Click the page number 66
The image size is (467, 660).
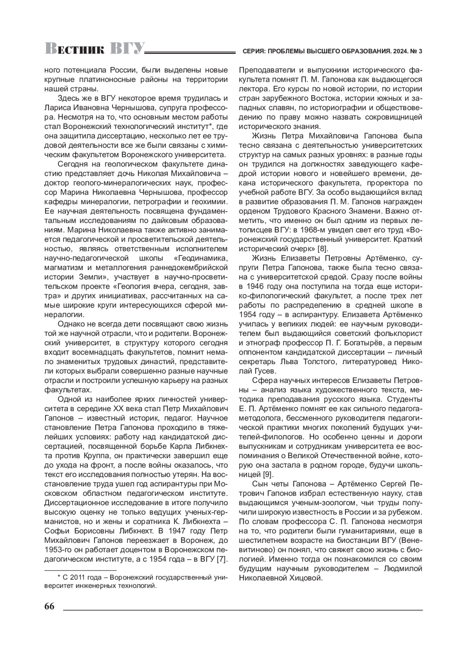[x=49, y=607]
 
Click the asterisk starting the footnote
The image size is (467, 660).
[x=60, y=577]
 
